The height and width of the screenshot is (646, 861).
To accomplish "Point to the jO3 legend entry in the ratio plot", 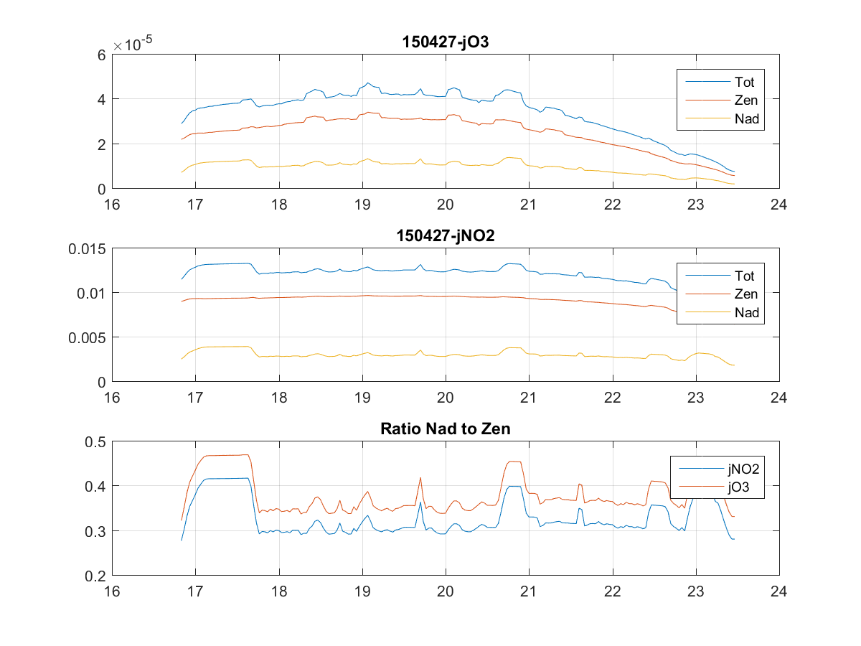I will click(x=739, y=488).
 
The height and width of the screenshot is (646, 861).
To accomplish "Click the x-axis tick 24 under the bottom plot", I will click(x=778, y=591).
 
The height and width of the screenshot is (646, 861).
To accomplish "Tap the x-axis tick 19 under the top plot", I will click(x=362, y=205).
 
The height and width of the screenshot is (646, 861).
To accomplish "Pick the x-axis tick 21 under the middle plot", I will click(x=529, y=398).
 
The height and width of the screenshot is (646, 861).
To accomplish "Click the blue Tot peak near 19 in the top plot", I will click(x=368, y=83).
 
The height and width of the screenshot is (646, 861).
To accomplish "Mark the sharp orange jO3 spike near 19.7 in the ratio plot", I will click(x=420, y=478).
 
